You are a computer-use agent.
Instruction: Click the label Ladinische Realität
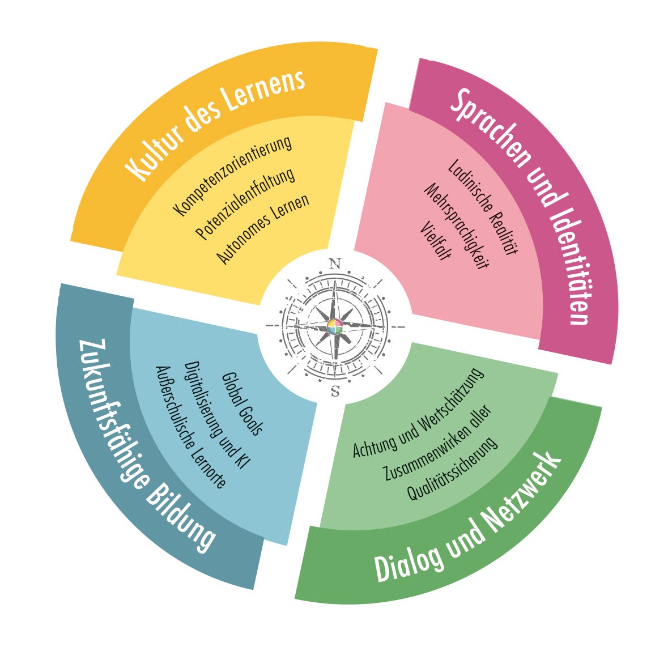[483, 206]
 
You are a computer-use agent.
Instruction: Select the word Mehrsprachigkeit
[456, 226]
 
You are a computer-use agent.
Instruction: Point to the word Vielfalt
[436, 241]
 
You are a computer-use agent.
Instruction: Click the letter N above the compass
[335, 263]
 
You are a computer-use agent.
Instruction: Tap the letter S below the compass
[335, 390]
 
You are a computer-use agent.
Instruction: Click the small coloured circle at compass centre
[335, 327]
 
